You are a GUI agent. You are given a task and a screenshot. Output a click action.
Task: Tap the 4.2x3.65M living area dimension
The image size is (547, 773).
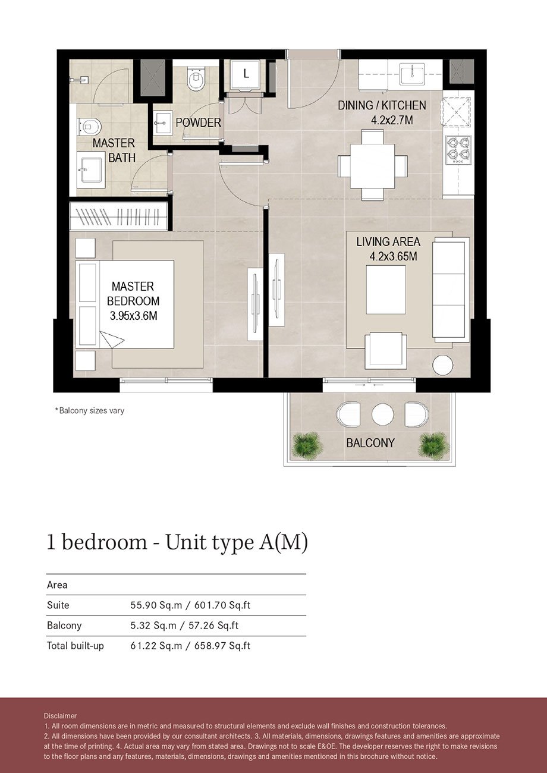pyautogui.click(x=388, y=257)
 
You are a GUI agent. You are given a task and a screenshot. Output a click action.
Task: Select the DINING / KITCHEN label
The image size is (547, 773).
pyautogui.click(x=382, y=106)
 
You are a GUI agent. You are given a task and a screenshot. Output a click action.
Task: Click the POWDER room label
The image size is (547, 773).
pyautogui.click(x=198, y=123)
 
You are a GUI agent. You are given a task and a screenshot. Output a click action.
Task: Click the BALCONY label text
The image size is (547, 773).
pyautogui.click(x=370, y=443)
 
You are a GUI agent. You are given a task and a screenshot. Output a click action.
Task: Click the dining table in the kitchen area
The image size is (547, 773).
pyautogui.click(x=373, y=165)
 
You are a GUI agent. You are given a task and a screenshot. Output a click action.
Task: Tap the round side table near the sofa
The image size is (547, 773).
pyautogui.click(x=442, y=365)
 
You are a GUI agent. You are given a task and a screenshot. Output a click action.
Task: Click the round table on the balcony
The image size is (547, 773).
pyautogui.click(x=382, y=414)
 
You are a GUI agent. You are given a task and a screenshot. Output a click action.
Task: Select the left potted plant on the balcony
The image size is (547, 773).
pyautogui.click(x=307, y=445)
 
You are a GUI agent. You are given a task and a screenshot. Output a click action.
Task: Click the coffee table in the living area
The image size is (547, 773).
pyautogui.click(x=385, y=290)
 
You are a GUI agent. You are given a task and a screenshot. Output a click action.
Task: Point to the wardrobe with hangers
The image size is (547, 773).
pyautogui.click(x=118, y=216)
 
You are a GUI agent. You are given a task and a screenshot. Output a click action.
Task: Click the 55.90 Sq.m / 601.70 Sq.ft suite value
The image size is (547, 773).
pyautogui.click(x=190, y=605)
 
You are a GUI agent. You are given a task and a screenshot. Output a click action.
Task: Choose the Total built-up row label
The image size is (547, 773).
pyautogui.click(x=76, y=646)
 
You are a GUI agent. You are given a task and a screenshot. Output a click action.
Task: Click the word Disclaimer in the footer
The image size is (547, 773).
pyautogui.click(x=60, y=715)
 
